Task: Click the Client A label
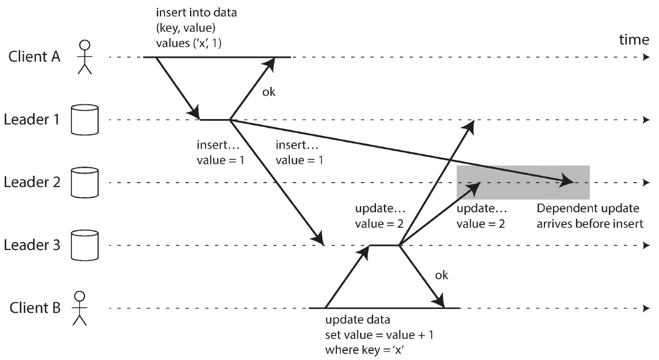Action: tap(34, 56)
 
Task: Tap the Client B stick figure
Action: tap(79, 308)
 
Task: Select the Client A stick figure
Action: tap(85, 57)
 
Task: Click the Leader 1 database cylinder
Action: tap(85, 120)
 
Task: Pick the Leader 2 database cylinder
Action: tap(85, 183)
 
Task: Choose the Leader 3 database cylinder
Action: tap(85, 245)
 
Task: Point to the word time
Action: tap(634, 40)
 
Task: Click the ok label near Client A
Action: tap(269, 92)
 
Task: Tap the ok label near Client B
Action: tap(441, 275)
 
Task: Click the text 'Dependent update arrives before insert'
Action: tap(590, 216)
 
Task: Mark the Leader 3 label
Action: tap(32, 245)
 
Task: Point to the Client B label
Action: tap(35, 307)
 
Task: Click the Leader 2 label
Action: tap(32, 183)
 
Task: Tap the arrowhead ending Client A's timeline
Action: tap(647, 57)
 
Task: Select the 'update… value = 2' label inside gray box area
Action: tap(481, 216)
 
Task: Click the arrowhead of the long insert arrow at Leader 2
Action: tap(566, 181)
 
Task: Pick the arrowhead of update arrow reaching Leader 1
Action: tap(469, 126)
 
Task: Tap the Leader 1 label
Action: tap(32, 120)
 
